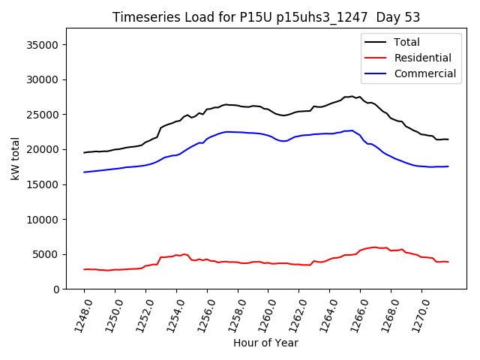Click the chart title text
[x=266, y=17]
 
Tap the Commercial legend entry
[x=424, y=73]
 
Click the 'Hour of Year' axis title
[x=265, y=343]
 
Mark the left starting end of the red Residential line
[x=84, y=269]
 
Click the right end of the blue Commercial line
[x=448, y=166]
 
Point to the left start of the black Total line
[x=84, y=152]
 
